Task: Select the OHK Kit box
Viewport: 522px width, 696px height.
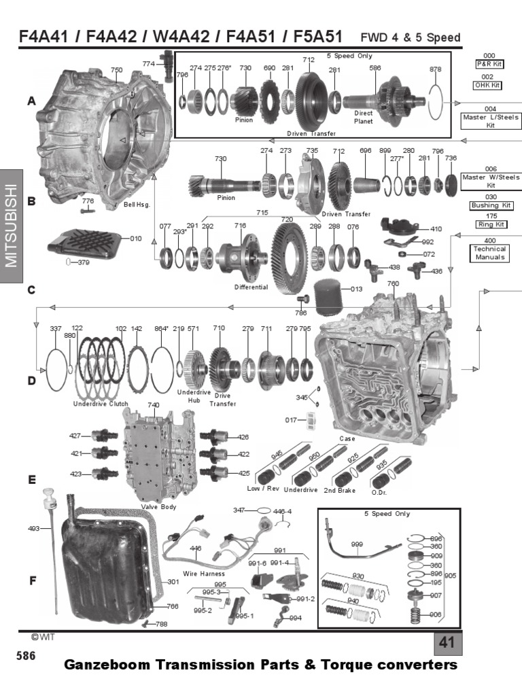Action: click(x=489, y=86)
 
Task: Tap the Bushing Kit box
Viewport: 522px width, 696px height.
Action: click(x=489, y=205)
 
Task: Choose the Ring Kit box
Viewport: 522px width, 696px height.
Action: click(x=489, y=224)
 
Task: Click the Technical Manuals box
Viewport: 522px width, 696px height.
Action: click(x=489, y=253)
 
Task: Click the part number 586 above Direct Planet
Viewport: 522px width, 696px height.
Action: click(x=375, y=68)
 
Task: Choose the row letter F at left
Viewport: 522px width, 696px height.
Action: click(x=31, y=581)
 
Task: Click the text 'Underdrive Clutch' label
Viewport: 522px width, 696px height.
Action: click(x=101, y=404)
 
